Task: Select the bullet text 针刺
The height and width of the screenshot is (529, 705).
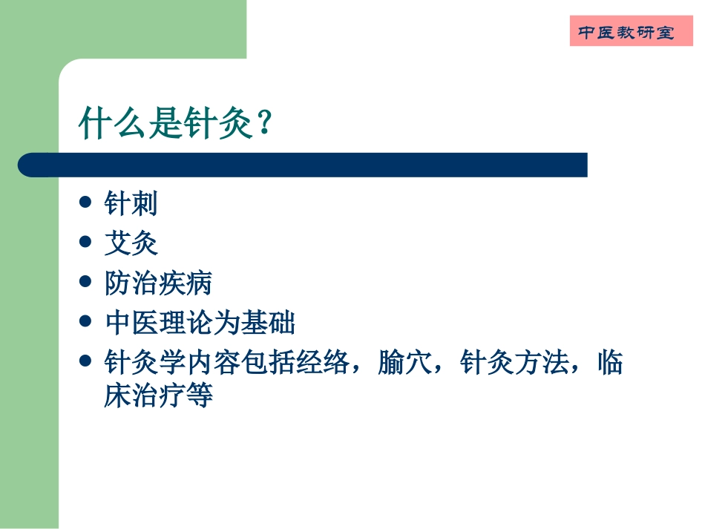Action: pos(131,203)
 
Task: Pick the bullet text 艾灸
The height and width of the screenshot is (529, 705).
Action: pos(131,243)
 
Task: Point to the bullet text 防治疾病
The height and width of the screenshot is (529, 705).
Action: pos(159,283)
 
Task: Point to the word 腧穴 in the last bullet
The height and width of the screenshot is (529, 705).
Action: pos(404,364)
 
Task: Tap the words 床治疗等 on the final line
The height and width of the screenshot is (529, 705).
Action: pos(159,395)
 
